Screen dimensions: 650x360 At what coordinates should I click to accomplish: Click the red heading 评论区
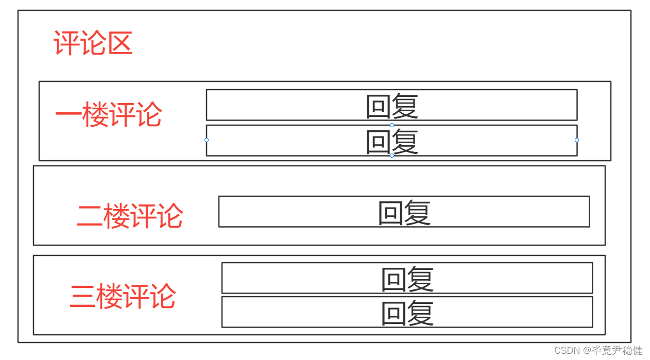tap(93, 43)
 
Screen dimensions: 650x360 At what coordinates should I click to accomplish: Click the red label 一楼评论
tap(108, 114)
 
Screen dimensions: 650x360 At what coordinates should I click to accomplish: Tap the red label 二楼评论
tap(130, 215)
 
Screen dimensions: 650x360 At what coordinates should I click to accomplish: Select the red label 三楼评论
tap(123, 296)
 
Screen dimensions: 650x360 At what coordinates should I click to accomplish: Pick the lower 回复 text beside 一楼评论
tap(391, 141)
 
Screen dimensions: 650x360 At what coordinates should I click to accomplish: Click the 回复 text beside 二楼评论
tap(404, 212)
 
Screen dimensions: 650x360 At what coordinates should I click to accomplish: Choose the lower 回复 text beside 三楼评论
tap(407, 313)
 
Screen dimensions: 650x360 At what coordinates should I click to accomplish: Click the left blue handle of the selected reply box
tap(207, 140)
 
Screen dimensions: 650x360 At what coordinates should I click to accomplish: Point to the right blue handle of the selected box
tap(577, 140)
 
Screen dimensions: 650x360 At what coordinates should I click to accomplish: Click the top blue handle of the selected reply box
tap(392, 125)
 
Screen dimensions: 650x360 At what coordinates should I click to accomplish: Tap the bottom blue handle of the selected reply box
tap(392, 156)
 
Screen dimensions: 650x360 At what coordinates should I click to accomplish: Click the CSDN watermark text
tap(567, 351)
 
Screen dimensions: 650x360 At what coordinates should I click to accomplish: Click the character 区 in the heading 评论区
tap(120, 43)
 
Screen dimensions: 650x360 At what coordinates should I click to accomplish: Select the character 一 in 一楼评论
tap(67, 114)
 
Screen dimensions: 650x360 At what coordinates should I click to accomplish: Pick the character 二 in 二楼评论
tap(90, 215)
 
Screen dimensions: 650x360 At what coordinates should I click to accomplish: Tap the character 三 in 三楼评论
tap(82, 296)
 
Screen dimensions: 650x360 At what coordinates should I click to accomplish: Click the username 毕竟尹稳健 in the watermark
tap(618, 351)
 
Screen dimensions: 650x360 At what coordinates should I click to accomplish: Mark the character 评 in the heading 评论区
tap(66, 43)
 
